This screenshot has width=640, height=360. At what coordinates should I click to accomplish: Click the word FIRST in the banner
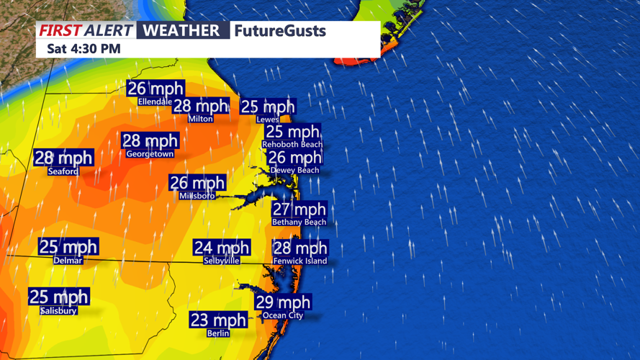[x=60, y=30]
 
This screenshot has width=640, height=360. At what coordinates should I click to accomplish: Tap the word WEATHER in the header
[x=181, y=30]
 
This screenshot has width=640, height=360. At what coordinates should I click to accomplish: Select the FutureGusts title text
[x=280, y=31]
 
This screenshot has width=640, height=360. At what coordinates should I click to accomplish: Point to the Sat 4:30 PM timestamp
[x=84, y=49]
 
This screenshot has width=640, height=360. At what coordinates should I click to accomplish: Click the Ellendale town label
[x=155, y=102]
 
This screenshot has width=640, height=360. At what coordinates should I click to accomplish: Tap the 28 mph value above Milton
[x=201, y=106]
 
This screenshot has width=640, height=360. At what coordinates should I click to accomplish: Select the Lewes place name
[x=268, y=120]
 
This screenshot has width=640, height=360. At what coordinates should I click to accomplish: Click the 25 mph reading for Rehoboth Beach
[x=292, y=132]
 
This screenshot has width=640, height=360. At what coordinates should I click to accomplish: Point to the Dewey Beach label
[x=294, y=170]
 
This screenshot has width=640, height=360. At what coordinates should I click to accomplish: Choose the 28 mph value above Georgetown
[x=150, y=141]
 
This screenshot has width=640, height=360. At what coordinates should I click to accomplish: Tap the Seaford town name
[x=63, y=171]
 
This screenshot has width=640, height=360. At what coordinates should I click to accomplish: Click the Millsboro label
[x=197, y=195]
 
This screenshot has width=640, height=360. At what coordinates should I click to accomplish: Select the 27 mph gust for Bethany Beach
[x=299, y=210]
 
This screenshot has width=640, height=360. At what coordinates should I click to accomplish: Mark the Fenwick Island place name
[x=299, y=261]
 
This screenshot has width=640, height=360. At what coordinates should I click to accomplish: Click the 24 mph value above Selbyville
[x=221, y=248]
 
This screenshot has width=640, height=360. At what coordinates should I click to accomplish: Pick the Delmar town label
[x=68, y=260]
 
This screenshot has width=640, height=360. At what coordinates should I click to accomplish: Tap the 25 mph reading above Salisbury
[x=58, y=297]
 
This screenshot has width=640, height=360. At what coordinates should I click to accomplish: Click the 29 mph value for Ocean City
[x=283, y=302]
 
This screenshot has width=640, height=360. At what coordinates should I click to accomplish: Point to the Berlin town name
[x=218, y=333]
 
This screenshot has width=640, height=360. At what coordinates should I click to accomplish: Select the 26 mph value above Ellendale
[x=155, y=89]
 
